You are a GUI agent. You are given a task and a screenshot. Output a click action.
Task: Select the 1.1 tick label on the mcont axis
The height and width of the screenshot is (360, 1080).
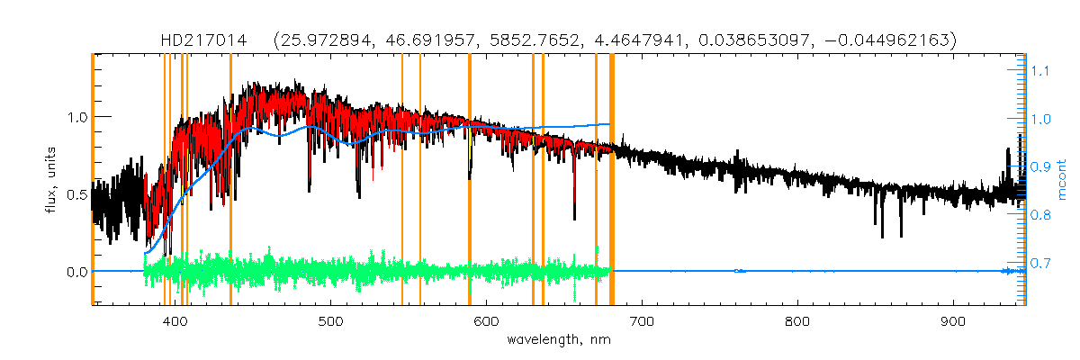1040,70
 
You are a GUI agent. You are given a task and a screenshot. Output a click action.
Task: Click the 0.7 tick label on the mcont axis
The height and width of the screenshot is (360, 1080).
1040,264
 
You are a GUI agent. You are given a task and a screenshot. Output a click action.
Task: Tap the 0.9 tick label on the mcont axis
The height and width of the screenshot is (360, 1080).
1040,167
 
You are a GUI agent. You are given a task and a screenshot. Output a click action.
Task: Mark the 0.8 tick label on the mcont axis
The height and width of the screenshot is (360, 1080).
1040,216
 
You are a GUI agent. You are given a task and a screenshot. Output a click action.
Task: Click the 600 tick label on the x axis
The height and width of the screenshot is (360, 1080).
487,321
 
